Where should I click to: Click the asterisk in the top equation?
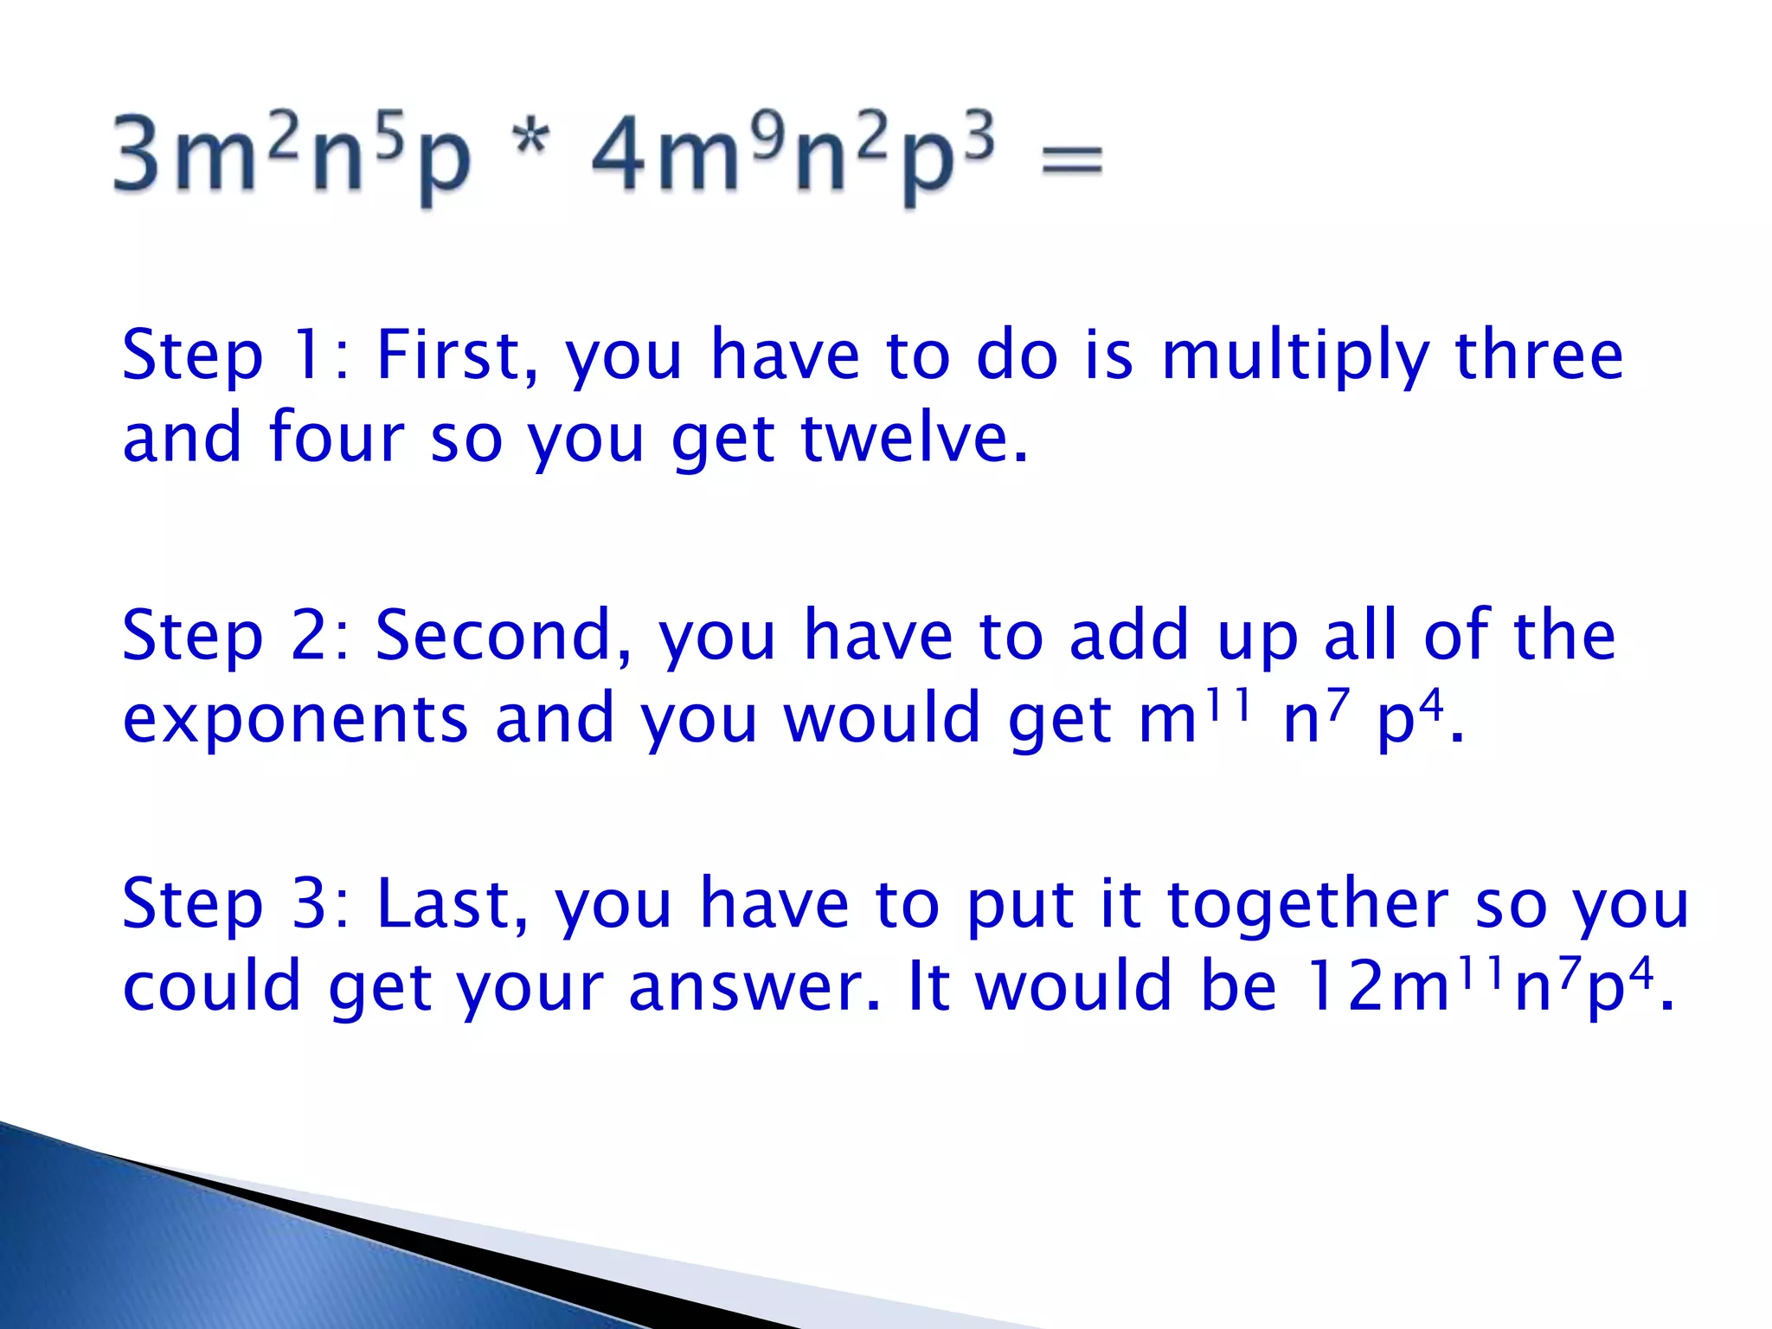531,138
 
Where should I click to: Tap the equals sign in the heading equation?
1072,161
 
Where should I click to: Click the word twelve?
914,438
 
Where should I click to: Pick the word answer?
754,987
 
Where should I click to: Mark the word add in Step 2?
1129,635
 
